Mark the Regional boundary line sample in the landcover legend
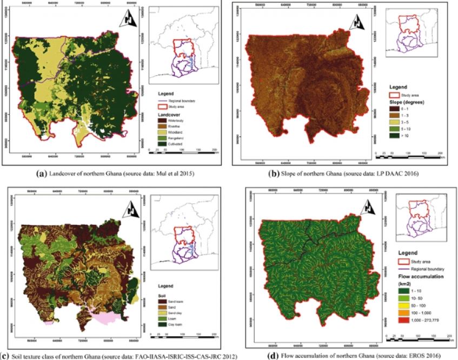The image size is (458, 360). [x=162, y=101]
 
